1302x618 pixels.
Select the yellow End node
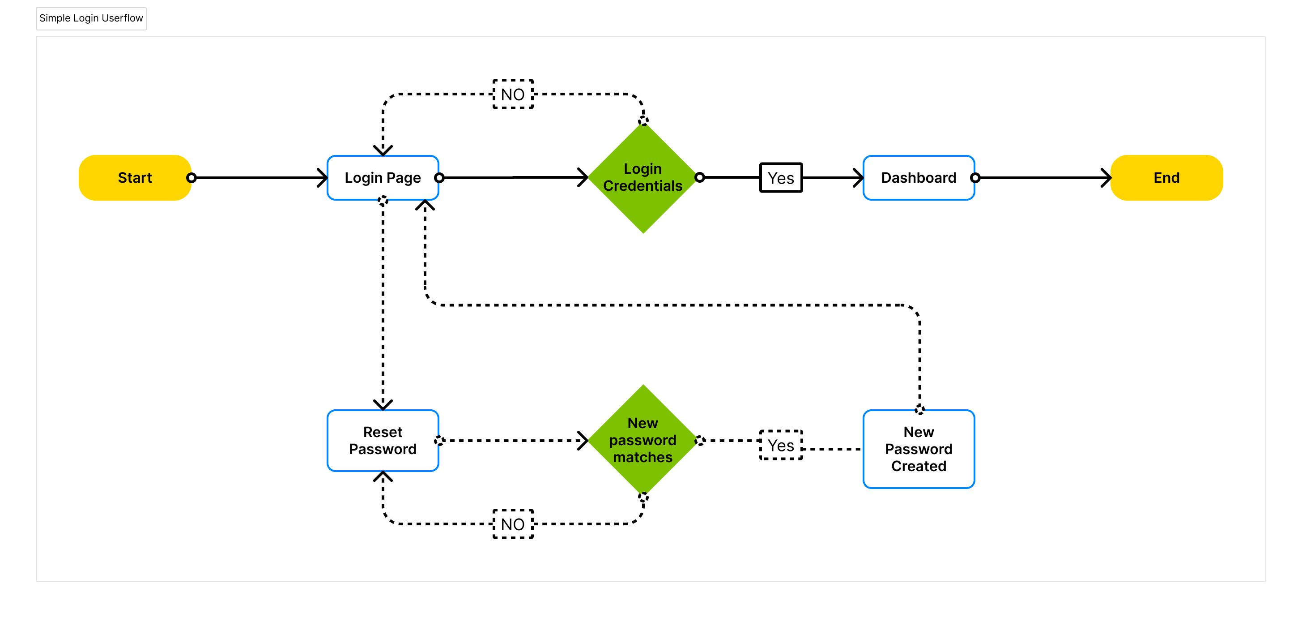(1166, 177)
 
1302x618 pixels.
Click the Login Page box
(383, 177)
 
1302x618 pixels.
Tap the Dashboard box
(919, 177)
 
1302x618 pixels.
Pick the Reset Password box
(383, 441)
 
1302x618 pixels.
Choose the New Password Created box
(919, 449)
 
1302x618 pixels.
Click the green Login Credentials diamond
(642, 177)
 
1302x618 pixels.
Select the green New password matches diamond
(642, 440)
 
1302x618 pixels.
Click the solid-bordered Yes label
(781, 177)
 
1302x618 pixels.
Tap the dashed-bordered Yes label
(781, 445)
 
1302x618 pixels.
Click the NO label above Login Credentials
(513, 94)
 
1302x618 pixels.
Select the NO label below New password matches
(513, 524)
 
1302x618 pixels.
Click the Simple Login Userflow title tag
(91, 18)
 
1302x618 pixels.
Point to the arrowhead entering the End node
(1107, 177)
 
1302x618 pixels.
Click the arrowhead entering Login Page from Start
(323, 177)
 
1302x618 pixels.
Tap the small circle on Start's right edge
(191, 177)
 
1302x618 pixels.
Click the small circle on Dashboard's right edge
(975, 177)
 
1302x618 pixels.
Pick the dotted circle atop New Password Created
(919, 410)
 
